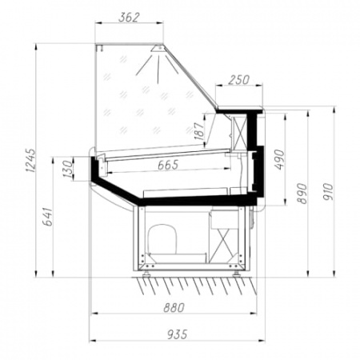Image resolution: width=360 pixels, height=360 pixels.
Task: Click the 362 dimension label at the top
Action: point(129,18)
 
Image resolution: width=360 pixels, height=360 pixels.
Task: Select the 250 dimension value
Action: point(238,80)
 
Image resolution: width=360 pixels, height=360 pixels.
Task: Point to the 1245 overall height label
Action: point(31,160)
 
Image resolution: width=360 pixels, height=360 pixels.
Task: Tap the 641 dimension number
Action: point(49,217)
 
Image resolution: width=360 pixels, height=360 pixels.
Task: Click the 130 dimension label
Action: point(68,169)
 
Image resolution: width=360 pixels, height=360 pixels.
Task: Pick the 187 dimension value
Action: point(199,131)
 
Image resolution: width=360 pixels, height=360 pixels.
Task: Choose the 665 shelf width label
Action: point(168,165)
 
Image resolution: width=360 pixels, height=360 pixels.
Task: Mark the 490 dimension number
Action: point(279,160)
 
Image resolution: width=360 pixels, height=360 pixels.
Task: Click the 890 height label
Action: point(302,194)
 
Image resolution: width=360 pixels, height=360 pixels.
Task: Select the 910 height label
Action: point(328,192)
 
